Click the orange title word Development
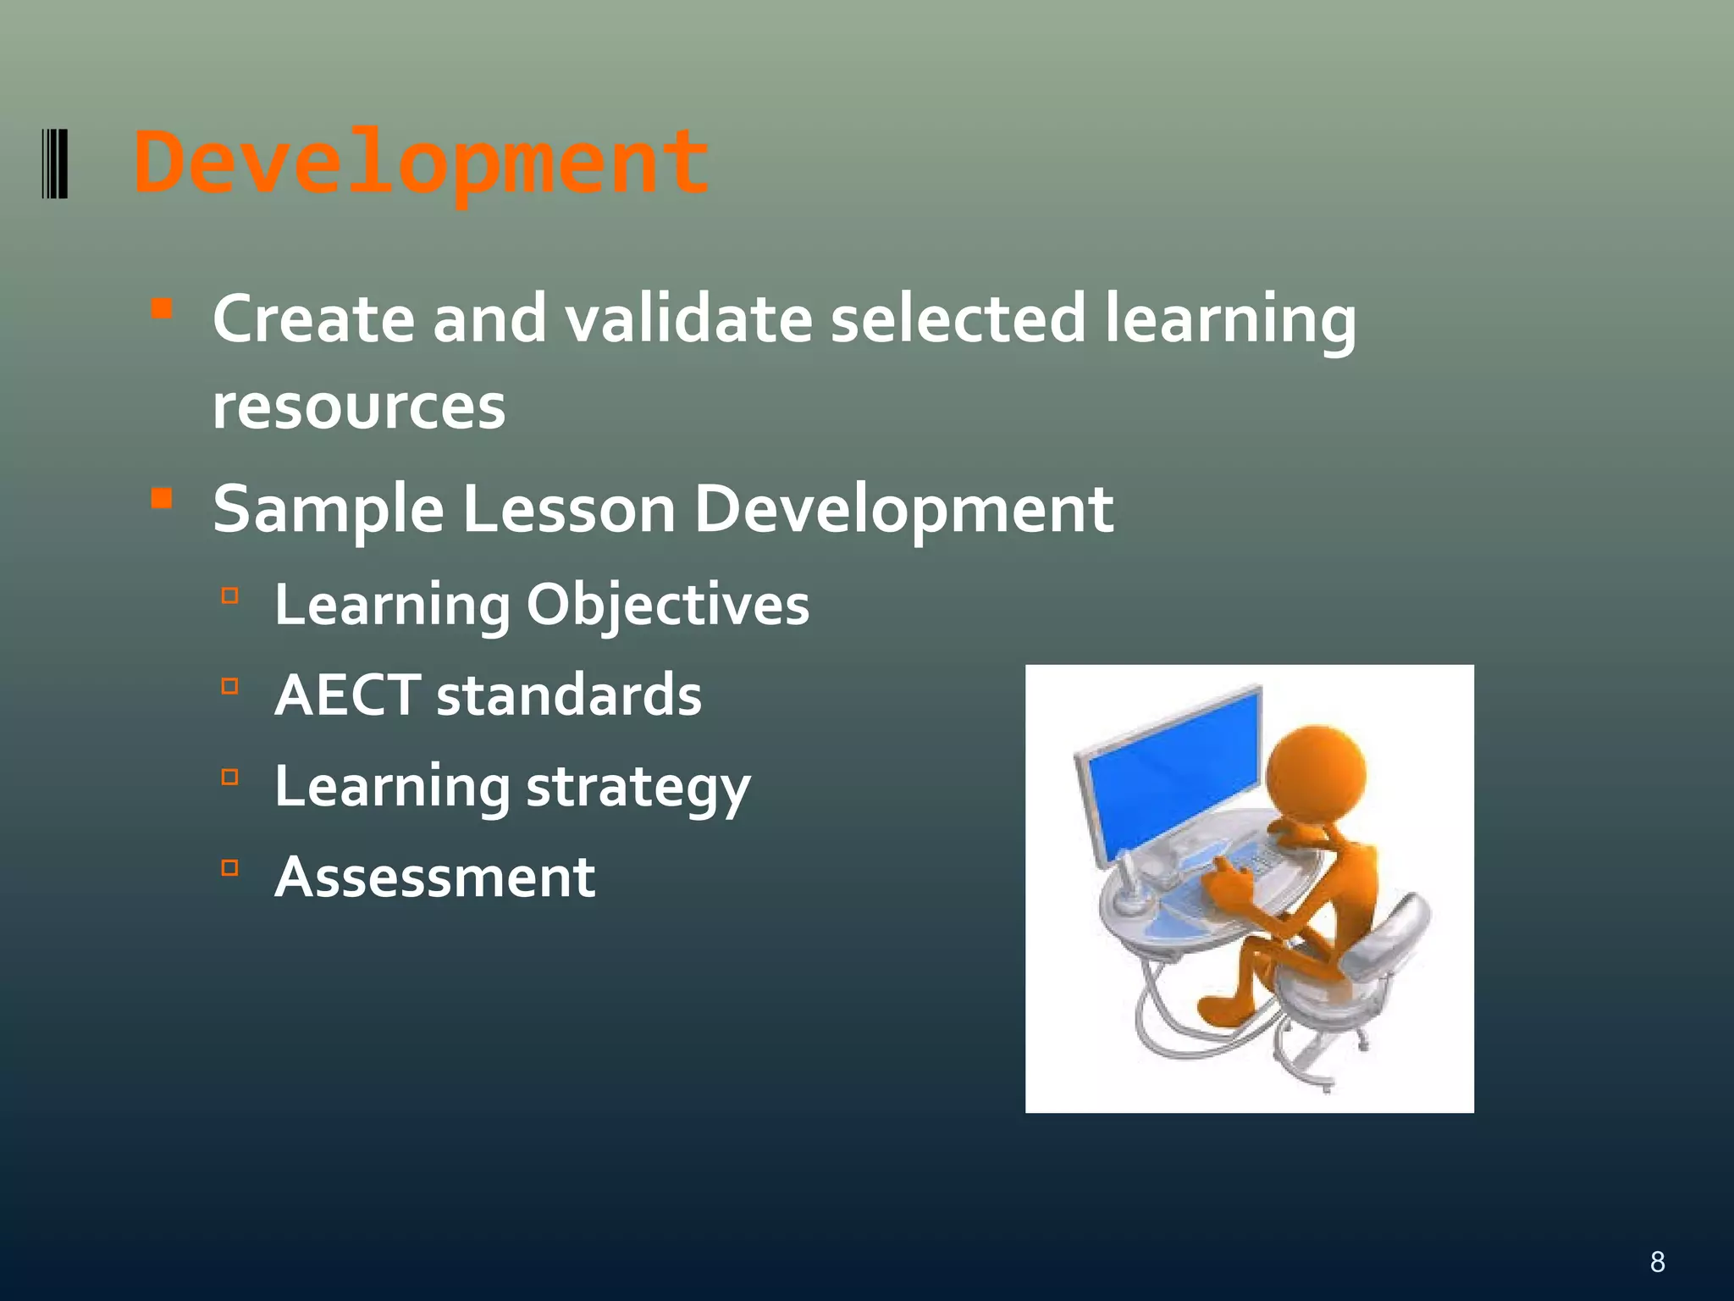pyautogui.click(x=421, y=163)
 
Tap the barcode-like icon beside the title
pyautogui.click(x=54, y=163)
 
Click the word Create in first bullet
pyautogui.click(x=313, y=319)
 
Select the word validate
pyautogui.click(x=688, y=319)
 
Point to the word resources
pyautogui.click(x=358, y=407)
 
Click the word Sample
pyautogui.click(x=328, y=510)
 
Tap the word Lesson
pyautogui.click(x=568, y=510)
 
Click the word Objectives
pyautogui.click(x=667, y=606)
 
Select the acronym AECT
pyautogui.click(x=347, y=695)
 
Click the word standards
pyautogui.click(x=568, y=695)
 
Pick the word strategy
pyautogui.click(x=638, y=788)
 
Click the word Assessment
pyautogui.click(x=434, y=877)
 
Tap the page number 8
pyautogui.click(x=1657, y=1262)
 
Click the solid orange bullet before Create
pyautogui.click(x=161, y=307)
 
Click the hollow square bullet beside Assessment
pyautogui.click(x=229, y=867)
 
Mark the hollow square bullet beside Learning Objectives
pyautogui.click(x=229, y=595)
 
